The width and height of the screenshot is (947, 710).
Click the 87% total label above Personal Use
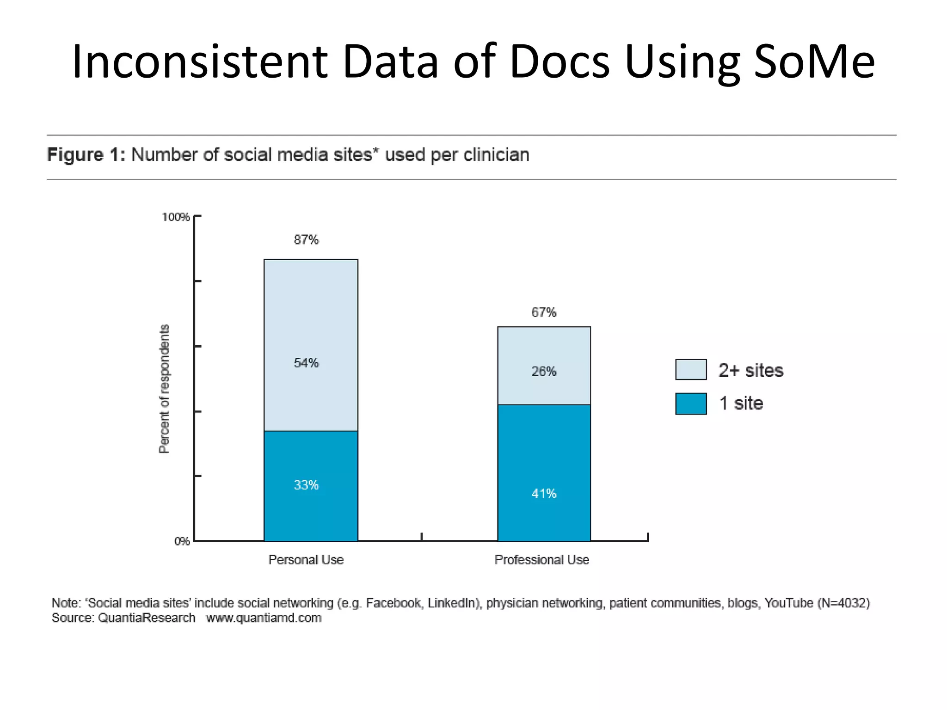[x=306, y=239]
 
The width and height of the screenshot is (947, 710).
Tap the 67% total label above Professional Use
[x=544, y=312]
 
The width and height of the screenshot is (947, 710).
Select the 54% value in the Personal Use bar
[x=306, y=363]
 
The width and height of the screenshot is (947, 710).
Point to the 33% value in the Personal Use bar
[x=306, y=485]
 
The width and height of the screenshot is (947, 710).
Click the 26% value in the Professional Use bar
[x=544, y=371]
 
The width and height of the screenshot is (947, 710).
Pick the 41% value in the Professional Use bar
[x=544, y=494]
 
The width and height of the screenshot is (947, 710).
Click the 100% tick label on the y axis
[x=175, y=217]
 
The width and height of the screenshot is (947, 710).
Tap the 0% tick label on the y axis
[x=182, y=541]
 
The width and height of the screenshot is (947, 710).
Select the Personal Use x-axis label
[x=306, y=560]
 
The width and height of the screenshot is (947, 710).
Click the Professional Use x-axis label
[x=542, y=560]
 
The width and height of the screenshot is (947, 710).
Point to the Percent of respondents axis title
[x=164, y=388]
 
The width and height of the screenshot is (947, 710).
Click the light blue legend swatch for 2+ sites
[x=691, y=369]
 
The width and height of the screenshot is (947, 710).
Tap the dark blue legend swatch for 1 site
[x=691, y=404]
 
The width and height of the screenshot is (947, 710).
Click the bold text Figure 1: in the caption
[x=86, y=155]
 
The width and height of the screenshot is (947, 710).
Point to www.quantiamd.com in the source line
[x=264, y=618]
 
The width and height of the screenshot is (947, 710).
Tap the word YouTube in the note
[x=788, y=603]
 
